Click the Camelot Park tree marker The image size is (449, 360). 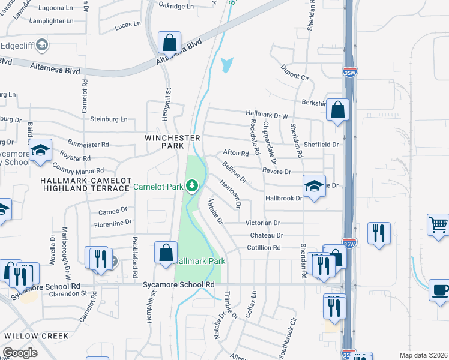pyautogui.click(x=192, y=187)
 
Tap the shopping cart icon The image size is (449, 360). pyautogui.click(x=439, y=225)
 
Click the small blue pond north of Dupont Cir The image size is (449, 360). pyautogui.click(x=226, y=65)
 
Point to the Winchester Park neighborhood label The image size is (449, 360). pyautogui.click(x=172, y=142)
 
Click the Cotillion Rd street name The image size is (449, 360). pyautogui.click(x=264, y=248)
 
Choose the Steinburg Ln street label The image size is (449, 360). pyautogui.click(x=109, y=119)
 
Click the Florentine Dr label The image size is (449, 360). pyautogui.click(x=112, y=223)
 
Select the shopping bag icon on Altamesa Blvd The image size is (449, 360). pyautogui.click(x=170, y=43)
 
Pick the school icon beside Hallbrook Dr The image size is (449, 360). pyautogui.click(x=314, y=185)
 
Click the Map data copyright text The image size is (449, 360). pyautogui.click(x=423, y=355)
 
